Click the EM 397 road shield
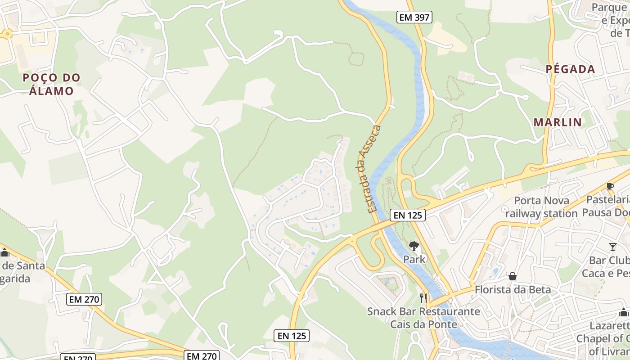pos(414,18)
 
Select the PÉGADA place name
pos(570,69)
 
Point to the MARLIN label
pos(558,122)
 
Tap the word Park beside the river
pos(414,259)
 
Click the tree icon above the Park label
pos(414,246)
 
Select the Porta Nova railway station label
pos(541,207)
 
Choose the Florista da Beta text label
pos(513,289)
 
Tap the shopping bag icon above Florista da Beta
pos(512,276)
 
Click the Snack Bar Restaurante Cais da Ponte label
pos(423,318)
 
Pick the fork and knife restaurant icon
pos(423,298)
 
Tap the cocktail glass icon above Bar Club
pos(612,247)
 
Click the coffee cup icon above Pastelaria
pos(610,186)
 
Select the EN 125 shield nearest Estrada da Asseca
pos(408,215)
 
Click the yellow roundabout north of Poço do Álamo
pos(7,34)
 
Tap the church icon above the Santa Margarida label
pos(4,252)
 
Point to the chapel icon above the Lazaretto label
pos(624,312)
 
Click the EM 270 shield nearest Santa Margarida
pos(85,299)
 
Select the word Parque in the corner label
pos(609,7)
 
